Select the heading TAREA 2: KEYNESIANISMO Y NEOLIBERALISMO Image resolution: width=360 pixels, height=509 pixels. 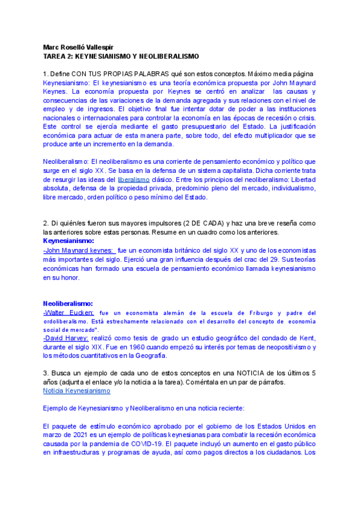pos(121,56)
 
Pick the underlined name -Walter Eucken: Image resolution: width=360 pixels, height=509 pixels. pos(68,313)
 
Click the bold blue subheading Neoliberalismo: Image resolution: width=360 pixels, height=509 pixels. pos(68,304)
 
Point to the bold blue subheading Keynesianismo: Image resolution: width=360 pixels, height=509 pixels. pos(68,241)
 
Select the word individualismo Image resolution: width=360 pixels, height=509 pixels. pos(288,188)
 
